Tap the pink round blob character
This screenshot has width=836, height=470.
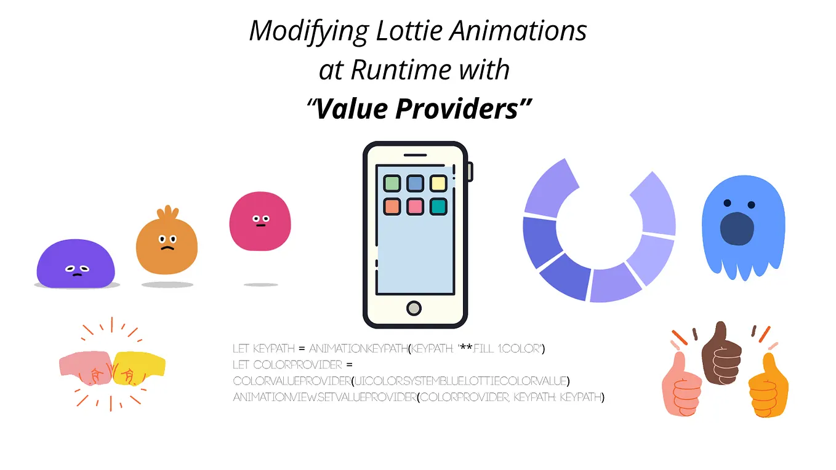tap(260, 221)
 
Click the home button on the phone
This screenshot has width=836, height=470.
tap(414, 307)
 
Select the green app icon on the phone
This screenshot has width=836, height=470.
tap(392, 183)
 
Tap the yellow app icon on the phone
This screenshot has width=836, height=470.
tap(438, 183)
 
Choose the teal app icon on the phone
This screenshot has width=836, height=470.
tap(438, 207)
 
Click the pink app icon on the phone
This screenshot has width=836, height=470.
tap(415, 207)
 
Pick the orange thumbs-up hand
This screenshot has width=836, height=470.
tap(766, 386)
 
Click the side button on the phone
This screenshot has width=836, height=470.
tap(470, 172)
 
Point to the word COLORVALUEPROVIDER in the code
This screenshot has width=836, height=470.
tap(292, 382)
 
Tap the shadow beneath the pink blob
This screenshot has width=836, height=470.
tap(260, 285)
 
